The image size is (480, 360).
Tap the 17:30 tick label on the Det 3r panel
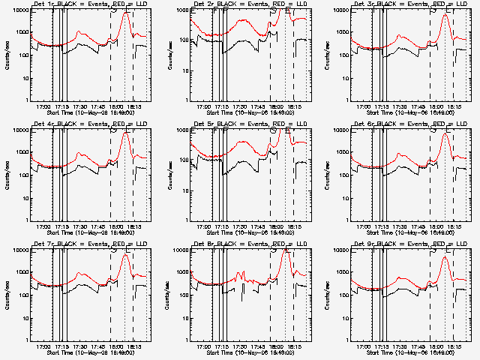coord(398,106)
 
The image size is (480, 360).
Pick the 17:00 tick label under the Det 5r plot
coord(203,226)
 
